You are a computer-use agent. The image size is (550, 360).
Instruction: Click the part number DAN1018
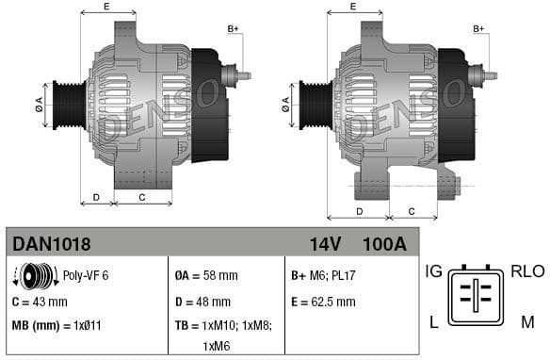[x=52, y=244]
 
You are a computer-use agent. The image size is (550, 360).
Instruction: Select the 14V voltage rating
[x=324, y=244]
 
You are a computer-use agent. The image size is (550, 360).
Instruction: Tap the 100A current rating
[x=383, y=244]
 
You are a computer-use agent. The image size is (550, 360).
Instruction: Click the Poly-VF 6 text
[x=86, y=275]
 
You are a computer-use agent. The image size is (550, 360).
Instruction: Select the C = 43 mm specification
[x=40, y=302]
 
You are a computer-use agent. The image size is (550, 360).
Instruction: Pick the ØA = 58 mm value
[x=206, y=276]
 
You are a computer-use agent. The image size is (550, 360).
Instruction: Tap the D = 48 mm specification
[x=202, y=302]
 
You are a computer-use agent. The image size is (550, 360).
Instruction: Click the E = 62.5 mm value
[x=323, y=302]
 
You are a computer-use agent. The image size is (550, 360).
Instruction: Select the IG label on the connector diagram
[x=433, y=271]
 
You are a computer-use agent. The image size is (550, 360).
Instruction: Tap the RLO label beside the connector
[x=527, y=271]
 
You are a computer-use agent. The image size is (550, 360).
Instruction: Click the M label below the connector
[x=526, y=322]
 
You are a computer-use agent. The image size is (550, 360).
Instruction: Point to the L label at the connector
[x=433, y=322]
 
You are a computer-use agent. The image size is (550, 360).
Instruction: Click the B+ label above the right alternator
[x=478, y=29]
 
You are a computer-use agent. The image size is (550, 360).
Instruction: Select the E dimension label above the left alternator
[x=105, y=7]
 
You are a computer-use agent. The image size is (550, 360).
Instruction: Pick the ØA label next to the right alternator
[x=284, y=106]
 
